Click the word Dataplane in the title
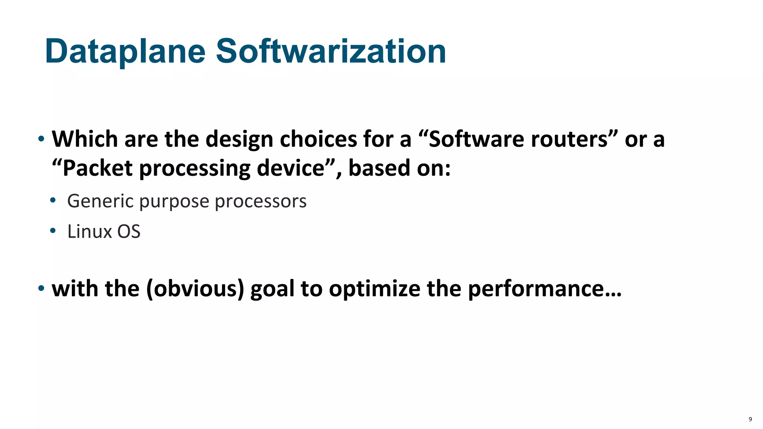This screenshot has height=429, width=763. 125,51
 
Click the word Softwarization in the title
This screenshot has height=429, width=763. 331,51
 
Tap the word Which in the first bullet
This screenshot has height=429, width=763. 85,139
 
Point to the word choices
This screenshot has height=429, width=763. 319,139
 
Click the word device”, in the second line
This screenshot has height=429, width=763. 300,168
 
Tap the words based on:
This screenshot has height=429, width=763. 399,168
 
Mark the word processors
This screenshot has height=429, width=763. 260,201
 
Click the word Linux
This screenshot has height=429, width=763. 89,232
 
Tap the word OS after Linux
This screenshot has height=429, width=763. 129,232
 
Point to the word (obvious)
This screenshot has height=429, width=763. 195,289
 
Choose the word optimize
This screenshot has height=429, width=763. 374,289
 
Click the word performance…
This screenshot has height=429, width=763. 545,289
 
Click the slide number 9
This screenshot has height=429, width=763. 750,419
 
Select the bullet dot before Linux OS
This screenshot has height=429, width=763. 53,231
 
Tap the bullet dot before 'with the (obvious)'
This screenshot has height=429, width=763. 41,288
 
